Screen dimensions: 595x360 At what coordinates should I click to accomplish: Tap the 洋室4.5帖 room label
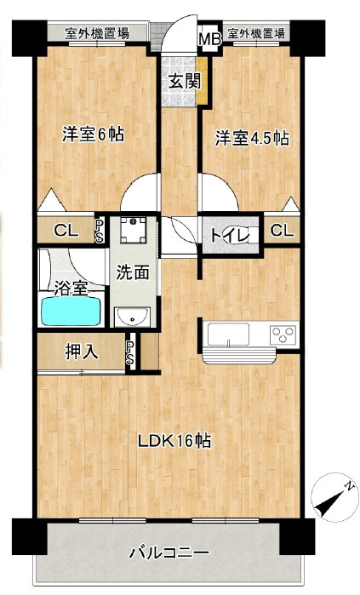pyautogui.click(x=251, y=136)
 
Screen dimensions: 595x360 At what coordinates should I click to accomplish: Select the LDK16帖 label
pyautogui.click(x=174, y=442)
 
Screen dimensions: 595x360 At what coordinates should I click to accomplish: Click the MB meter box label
pyautogui.click(x=209, y=37)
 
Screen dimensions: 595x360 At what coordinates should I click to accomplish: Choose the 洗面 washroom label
pyautogui.click(x=133, y=273)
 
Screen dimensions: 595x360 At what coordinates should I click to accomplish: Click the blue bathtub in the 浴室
pyautogui.click(x=71, y=311)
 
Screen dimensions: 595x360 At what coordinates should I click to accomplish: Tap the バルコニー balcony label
pyautogui.click(x=168, y=553)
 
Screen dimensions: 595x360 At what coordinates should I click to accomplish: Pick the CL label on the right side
pyautogui.click(x=283, y=230)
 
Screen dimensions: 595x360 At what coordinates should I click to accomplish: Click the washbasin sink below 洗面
pyautogui.click(x=133, y=318)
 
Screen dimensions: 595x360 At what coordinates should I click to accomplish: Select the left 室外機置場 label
pyautogui.click(x=100, y=33)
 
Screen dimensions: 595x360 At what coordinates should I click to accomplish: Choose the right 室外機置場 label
pyautogui.click(x=255, y=33)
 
